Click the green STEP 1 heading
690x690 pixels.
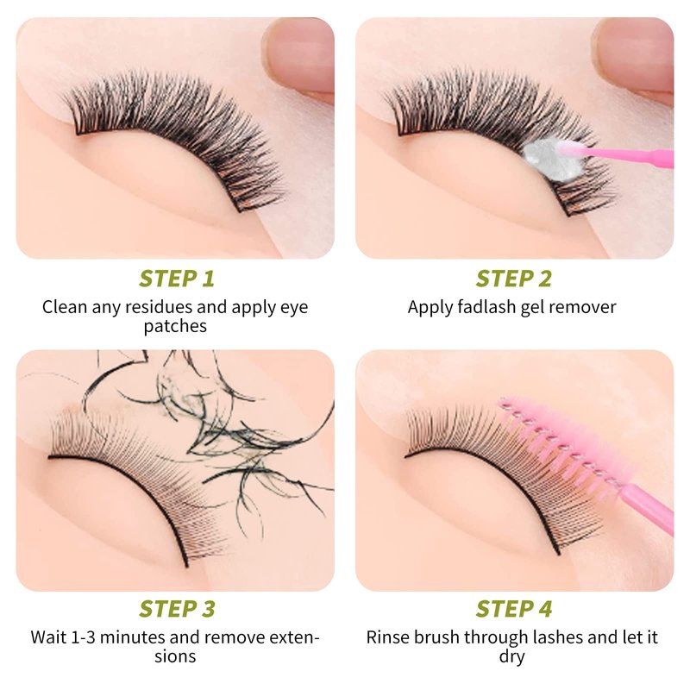(177, 279)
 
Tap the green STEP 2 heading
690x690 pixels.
(513, 279)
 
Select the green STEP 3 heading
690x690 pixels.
(177, 609)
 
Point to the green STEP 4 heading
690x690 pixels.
(513, 609)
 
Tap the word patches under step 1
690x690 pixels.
(175, 327)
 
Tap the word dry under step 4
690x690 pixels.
(511, 657)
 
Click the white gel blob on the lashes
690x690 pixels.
(546, 158)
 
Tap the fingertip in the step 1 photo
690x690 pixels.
(300, 55)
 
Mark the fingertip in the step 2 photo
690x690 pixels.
(634, 55)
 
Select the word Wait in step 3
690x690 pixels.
(48, 637)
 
